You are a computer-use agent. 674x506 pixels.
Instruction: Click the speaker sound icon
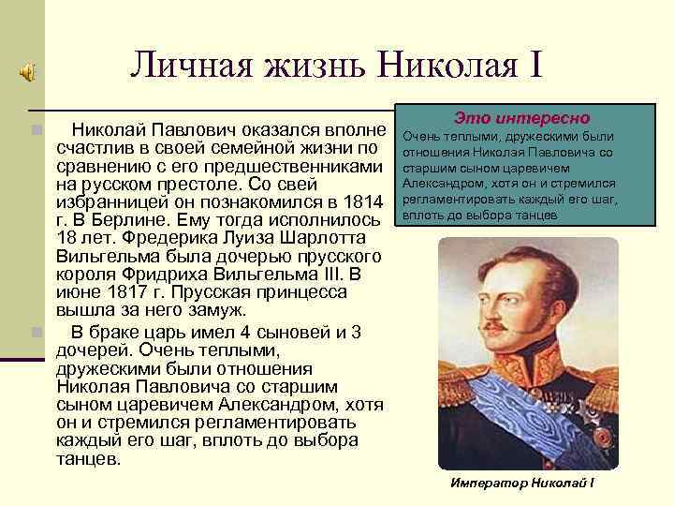[29, 70]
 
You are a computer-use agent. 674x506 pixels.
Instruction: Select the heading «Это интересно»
[521, 119]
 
